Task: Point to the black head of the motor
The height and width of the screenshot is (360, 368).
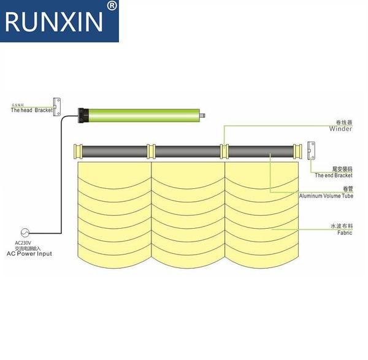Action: pos(84,114)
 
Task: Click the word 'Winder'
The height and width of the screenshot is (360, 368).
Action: pos(340,129)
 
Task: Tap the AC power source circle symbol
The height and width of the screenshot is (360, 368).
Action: pos(26,232)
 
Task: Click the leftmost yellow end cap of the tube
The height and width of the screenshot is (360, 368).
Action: pos(78,151)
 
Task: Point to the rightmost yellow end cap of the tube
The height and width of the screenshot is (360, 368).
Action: pos(297,151)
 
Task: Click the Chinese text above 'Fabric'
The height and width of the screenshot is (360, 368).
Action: pos(340,226)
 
